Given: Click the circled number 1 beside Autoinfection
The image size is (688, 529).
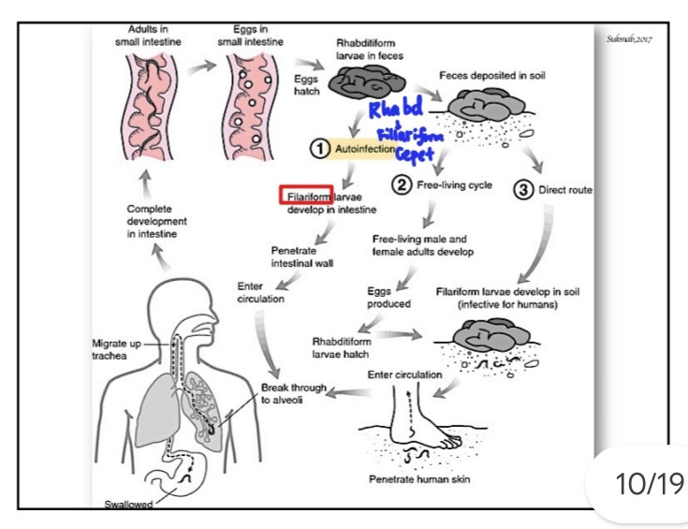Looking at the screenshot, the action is pos(320,148).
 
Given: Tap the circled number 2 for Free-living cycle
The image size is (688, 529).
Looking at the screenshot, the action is pos(402,184).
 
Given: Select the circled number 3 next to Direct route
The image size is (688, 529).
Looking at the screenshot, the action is pos(523,190).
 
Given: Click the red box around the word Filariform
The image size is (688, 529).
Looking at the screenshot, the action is pos(306,195).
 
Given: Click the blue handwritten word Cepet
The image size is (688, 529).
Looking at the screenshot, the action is pos(414,154).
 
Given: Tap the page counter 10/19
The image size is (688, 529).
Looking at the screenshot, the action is pos(650,484).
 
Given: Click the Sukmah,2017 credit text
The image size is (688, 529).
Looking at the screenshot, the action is pos(629,39).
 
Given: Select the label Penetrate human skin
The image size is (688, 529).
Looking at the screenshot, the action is pos(419,479).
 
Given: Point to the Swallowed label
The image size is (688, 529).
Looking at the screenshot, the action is pos(128,504).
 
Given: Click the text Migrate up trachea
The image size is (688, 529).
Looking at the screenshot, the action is pos(116,349).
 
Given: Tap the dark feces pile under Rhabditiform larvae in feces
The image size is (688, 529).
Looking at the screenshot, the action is pos(367,82).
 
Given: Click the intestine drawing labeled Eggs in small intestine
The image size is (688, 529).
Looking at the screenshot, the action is pos(250,107).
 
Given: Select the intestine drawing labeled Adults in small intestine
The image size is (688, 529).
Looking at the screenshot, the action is pos(149,107).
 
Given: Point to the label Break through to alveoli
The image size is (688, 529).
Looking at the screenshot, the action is pos(294,393).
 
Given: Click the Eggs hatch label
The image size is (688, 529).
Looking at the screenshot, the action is pos(306,85).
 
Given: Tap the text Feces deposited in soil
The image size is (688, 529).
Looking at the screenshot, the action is pos(491,76).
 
